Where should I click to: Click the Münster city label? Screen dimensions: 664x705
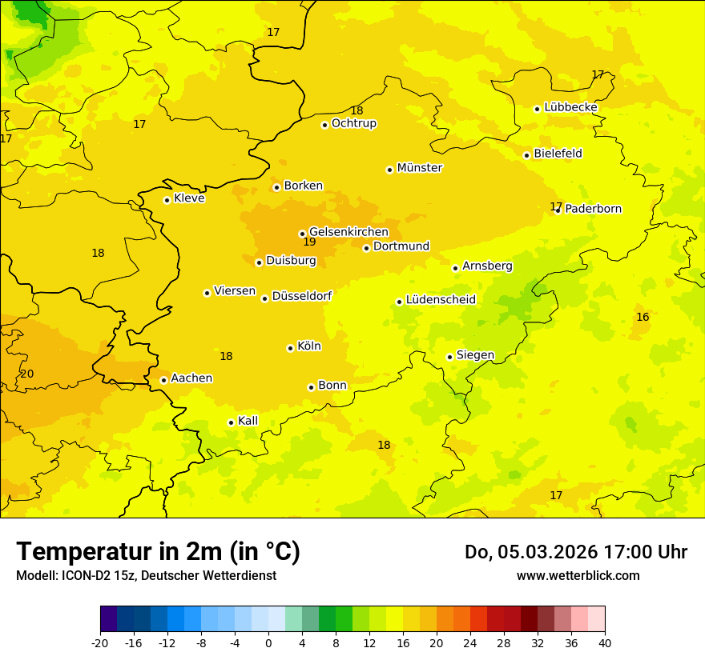[420, 168]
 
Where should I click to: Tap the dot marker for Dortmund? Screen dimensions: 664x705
[366, 248]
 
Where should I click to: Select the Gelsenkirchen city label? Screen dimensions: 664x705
[348, 232]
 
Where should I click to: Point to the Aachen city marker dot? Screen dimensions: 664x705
[163, 380]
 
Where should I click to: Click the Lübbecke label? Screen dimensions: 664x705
[570, 107]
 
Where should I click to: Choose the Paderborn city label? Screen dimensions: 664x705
[593, 209]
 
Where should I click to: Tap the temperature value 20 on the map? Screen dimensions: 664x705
[27, 374]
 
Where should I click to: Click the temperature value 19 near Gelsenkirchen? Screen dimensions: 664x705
[309, 242]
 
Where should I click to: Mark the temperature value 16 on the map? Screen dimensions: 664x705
[643, 317]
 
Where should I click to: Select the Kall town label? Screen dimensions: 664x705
[248, 421]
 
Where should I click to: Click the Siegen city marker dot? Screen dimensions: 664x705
[449, 357]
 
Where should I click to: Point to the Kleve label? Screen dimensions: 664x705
[189, 198]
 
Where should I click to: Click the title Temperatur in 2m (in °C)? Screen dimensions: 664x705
[158, 552]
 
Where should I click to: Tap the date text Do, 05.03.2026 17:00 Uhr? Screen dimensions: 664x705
[576, 552]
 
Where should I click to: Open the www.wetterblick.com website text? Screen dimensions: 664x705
[578, 575]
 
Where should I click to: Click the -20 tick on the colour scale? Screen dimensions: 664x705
[100, 642]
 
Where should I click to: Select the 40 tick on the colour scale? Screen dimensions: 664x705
[605, 642]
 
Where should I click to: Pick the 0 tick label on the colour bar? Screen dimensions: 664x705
[268, 642]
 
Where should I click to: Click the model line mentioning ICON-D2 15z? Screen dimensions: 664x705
[146, 575]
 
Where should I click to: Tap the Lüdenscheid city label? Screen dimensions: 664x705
[441, 300]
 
